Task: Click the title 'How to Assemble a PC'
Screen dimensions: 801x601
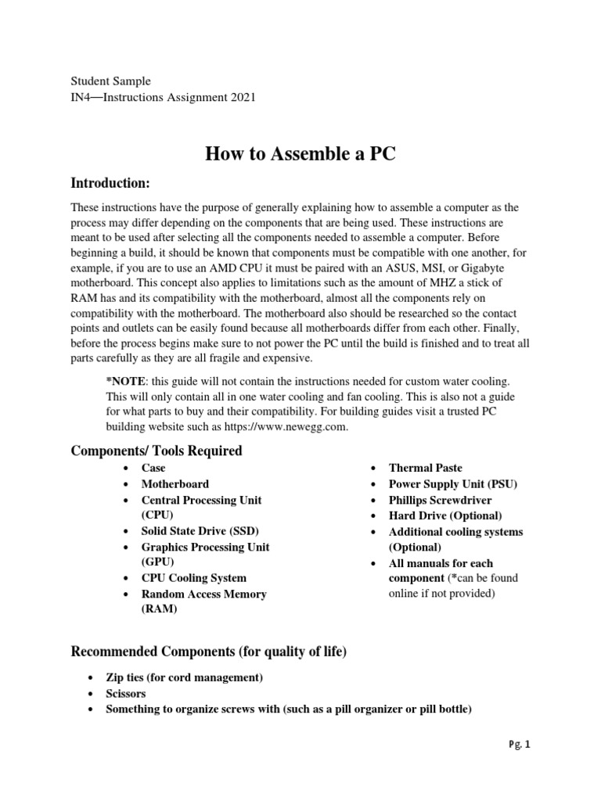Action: [x=300, y=154]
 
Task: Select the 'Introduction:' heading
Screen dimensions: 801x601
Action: [x=110, y=183]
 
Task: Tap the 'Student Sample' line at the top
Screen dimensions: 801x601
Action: [x=110, y=81]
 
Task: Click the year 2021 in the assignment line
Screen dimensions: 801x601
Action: [x=242, y=97]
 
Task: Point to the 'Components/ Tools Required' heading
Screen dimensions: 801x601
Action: [x=157, y=451]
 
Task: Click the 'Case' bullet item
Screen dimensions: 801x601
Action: [x=153, y=468]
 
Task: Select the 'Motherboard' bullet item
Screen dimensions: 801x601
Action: [x=175, y=484]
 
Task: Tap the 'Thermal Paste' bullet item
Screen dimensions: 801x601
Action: [x=426, y=468]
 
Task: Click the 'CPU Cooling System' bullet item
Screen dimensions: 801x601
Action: [x=193, y=578]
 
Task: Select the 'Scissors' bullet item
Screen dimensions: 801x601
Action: [x=125, y=693]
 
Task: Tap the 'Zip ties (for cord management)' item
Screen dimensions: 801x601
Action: [x=184, y=677]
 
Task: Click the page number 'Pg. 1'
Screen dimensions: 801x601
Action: [x=518, y=745]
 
